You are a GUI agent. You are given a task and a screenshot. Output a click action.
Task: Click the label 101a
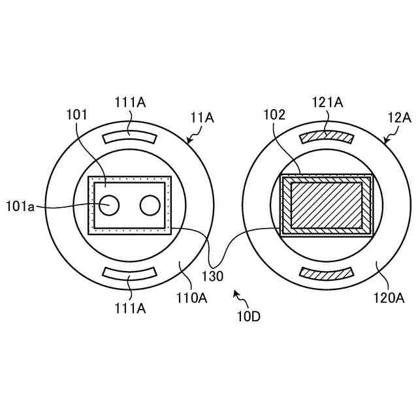(20, 206)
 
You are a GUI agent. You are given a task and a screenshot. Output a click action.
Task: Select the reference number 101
(77, 115)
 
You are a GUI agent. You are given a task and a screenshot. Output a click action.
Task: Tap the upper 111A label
(131, 102)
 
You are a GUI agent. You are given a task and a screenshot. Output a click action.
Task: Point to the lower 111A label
(131, 308)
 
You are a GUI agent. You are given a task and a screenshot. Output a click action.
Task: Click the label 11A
(202, 118)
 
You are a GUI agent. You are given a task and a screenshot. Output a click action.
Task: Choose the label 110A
(192, 298)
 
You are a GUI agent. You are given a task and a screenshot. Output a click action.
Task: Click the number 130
(212, 276)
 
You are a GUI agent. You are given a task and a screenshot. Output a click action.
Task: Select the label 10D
(249, 317)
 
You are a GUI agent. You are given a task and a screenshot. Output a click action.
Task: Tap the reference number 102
(274, 115)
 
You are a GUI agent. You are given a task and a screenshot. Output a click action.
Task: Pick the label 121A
(328, 102)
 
